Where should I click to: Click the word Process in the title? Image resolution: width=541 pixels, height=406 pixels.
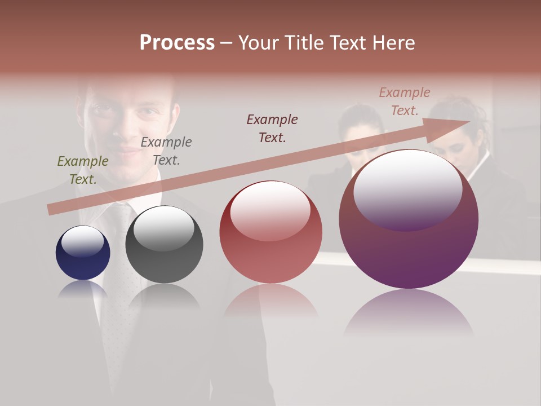click(x=177, y=43)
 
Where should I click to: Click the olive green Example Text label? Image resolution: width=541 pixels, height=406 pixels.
click(x=83, y=170)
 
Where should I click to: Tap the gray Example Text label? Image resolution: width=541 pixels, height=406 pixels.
click(x=166, y=151)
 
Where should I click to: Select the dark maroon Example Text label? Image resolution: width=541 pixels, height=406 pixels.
click(x=272, y=128)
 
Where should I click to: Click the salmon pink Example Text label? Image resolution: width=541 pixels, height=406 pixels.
click(x=405, y=101)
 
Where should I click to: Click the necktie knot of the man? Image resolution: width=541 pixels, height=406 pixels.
click(x=120, y=214)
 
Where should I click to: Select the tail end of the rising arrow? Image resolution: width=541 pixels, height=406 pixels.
click(x=52, y=210)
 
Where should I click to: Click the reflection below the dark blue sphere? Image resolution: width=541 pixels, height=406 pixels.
click(x=83, y=289)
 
